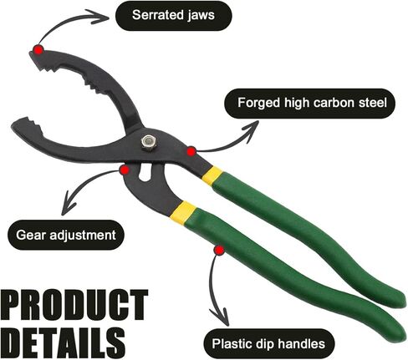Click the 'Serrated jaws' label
[173, 15]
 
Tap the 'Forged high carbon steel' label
[309, 103]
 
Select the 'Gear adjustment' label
[66, 235]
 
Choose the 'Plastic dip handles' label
[268, 344]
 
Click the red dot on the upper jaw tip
[38, 50]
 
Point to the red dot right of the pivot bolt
[191, 152]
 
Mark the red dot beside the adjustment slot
[125, 170]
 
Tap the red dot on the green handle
[219, 251]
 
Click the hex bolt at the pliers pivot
[149, 142]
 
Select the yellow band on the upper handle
[212, 175]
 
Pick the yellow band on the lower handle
[183, 212]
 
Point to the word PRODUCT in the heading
[75, 305]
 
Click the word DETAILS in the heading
[64, 342]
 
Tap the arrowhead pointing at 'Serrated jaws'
[99, 18]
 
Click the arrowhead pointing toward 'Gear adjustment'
[69, 204]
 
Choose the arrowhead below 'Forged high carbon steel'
[250, 130]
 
